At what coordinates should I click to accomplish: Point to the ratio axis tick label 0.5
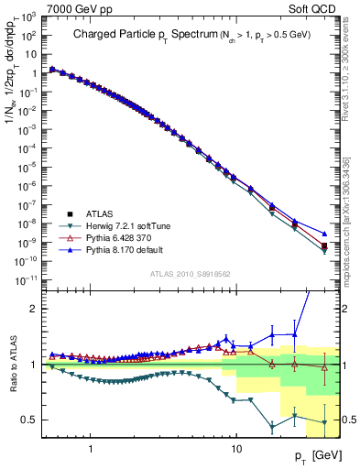(31, 420)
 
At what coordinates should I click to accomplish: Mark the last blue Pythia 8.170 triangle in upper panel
(324, 233)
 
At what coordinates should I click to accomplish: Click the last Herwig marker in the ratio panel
(324, 422)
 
